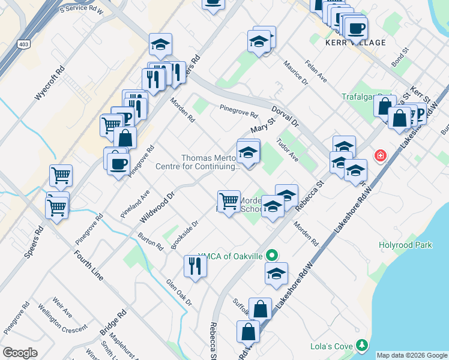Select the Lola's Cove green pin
coord(361,345)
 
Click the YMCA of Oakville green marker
coord(272,256)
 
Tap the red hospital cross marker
coord(379,156)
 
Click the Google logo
coord(20,353)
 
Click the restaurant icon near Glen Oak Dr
coord(195,265)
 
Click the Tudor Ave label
coord(288,151)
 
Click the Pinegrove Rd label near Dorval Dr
coord(238,111)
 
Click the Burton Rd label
coord(150,242)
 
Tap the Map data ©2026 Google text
coord(412,355)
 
